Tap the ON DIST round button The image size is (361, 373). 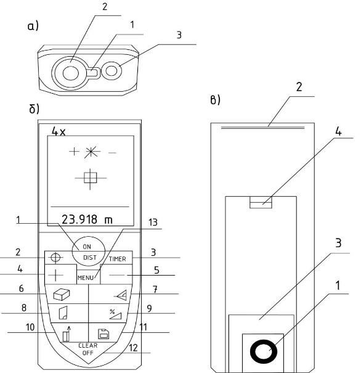[89, 252]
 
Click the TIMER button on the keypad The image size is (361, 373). [118, 258]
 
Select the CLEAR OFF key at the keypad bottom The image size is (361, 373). [88, 349]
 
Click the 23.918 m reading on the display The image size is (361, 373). [87, 219]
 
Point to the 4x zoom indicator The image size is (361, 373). [59, 131]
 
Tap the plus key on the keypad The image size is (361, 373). [60, 274]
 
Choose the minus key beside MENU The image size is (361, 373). [116, 275]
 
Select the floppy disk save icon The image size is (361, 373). [103, 334]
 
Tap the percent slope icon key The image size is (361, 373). [115, 314]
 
